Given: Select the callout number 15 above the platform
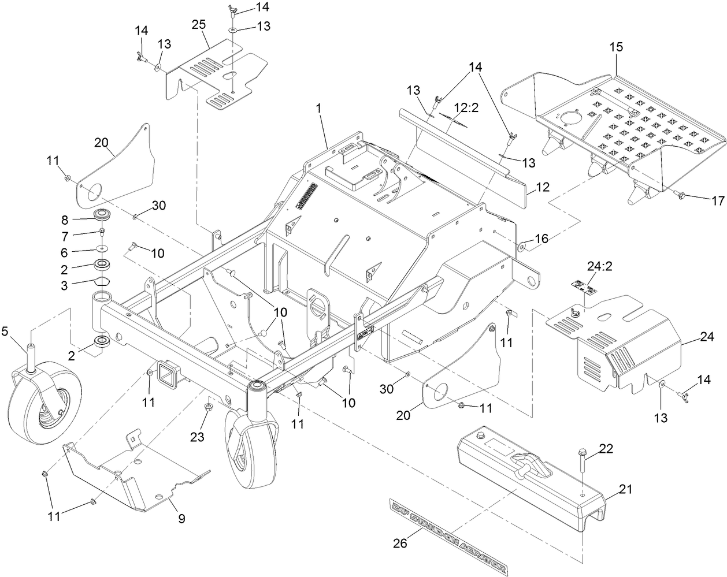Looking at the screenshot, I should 615,47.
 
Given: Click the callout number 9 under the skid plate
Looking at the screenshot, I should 181,519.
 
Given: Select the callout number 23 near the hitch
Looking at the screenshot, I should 198,438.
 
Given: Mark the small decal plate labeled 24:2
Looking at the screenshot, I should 582,285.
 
